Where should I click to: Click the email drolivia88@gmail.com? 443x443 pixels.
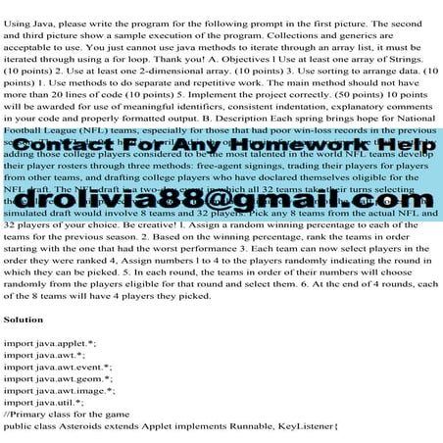point(221,198)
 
